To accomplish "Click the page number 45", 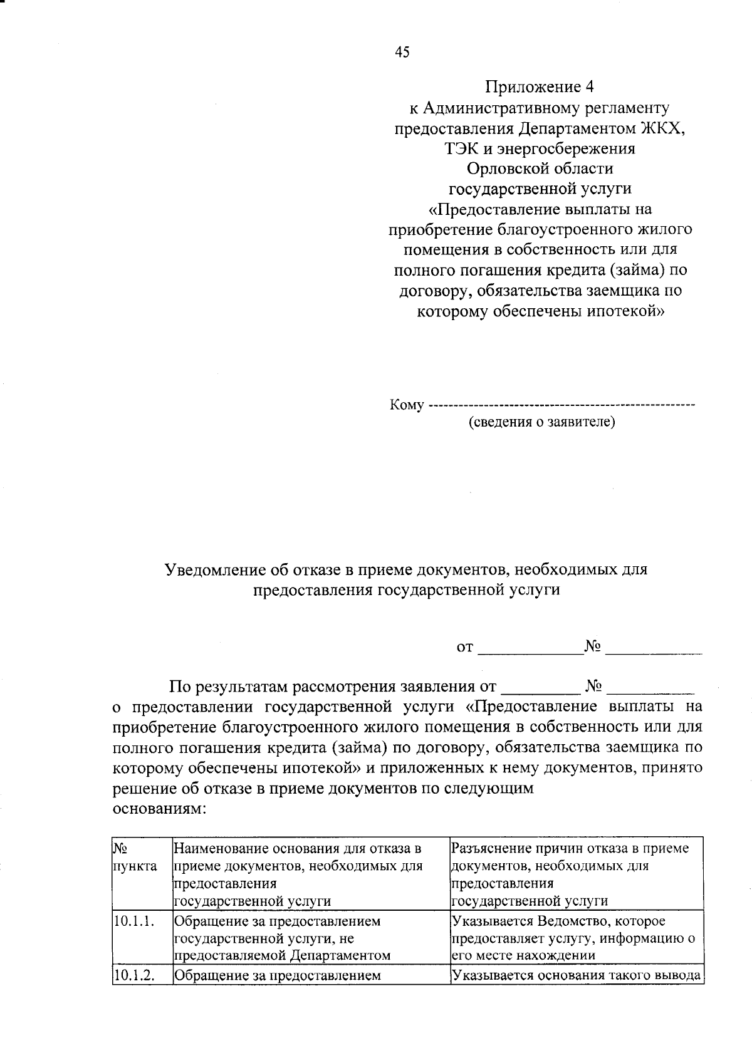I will pos(402,53).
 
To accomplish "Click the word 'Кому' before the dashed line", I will pos(407,405).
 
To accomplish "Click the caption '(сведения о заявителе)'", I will pos(542,422).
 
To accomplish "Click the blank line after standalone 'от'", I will pos(530,648).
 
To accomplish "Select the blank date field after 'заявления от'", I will pos(540,688).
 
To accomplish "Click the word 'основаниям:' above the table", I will pos(159,808).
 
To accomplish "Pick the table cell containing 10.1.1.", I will pos(134,921).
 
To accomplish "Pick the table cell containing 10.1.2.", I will pos(134,975).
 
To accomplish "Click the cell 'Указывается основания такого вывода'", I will pos(575,975).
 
